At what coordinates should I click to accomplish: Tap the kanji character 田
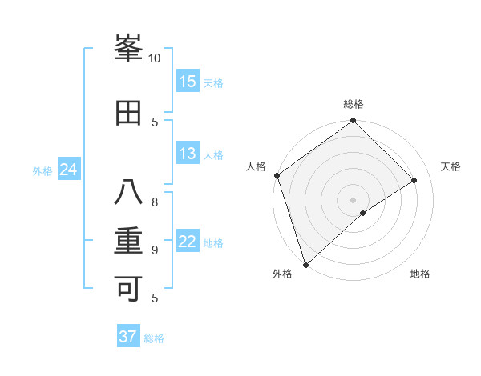point(129,113)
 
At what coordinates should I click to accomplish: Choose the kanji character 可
point(129,289)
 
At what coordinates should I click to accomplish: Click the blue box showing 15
point(188,82)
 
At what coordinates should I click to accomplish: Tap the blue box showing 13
point(188,154)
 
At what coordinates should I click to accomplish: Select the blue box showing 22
point(188,242)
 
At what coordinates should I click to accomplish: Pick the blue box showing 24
point(68,170)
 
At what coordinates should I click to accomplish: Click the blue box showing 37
point(128,337)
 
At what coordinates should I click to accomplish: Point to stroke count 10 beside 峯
point(155,58)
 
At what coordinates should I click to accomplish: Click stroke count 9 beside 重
point(155,250)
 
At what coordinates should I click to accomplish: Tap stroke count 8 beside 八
point(155,202)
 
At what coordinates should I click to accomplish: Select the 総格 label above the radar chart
point(354,104)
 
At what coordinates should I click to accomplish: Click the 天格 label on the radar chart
point(451,166)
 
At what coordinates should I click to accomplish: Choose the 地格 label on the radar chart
point(420,274)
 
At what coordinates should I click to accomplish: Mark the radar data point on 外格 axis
point(305,264)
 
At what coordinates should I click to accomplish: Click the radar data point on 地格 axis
point(363,213)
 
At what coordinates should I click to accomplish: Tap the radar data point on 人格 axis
point(277,175)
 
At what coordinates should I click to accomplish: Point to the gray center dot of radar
point(353,199)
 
